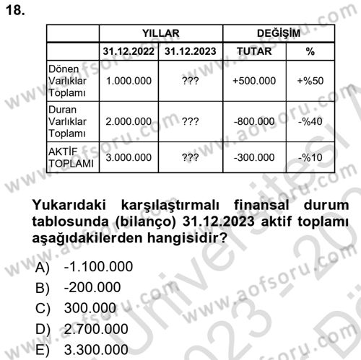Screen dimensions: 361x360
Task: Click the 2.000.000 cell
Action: (128, 122)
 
